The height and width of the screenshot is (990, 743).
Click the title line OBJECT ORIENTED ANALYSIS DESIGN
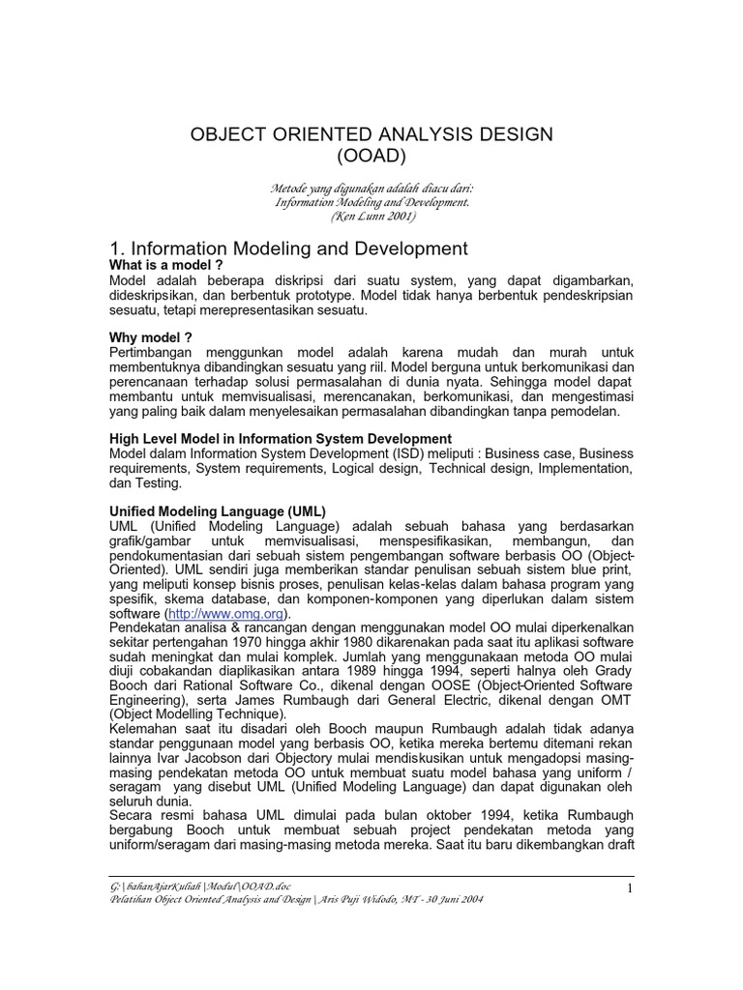coord(371,134)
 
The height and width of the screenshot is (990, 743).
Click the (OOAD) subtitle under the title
coord(371,156)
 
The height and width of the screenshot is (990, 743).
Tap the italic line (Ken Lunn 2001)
coord(371,217)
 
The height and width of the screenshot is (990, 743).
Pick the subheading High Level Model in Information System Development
coord(281,439)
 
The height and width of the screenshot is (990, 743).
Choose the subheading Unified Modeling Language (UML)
coord(218,510)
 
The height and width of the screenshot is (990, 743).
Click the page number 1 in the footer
coord(628,888)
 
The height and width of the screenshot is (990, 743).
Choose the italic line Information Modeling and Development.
coord(371,203)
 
